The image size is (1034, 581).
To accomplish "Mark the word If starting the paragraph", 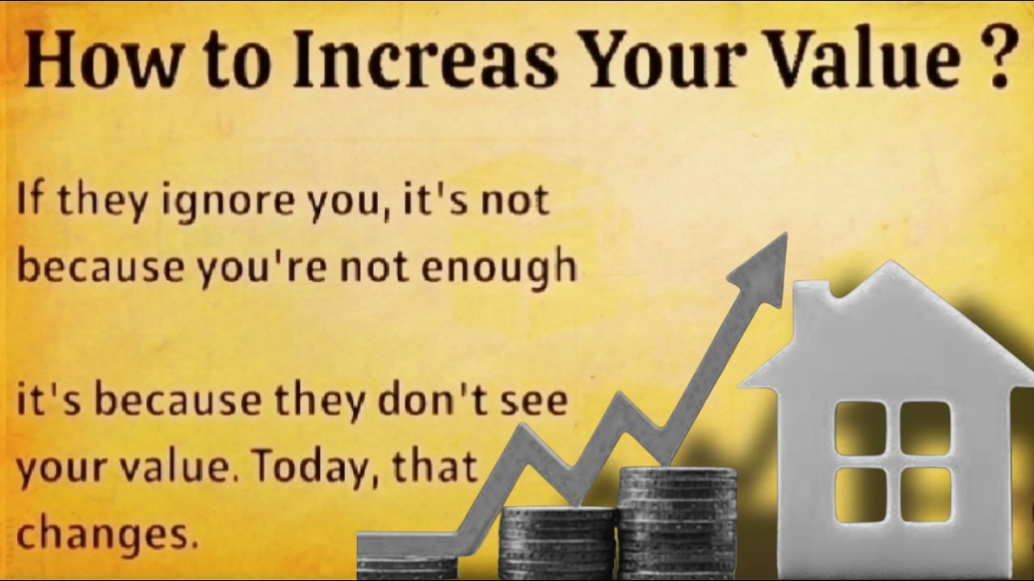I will pos(30,200).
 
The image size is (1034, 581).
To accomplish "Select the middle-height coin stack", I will pos(557,541).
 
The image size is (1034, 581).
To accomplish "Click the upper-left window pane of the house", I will pos(860,428).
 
